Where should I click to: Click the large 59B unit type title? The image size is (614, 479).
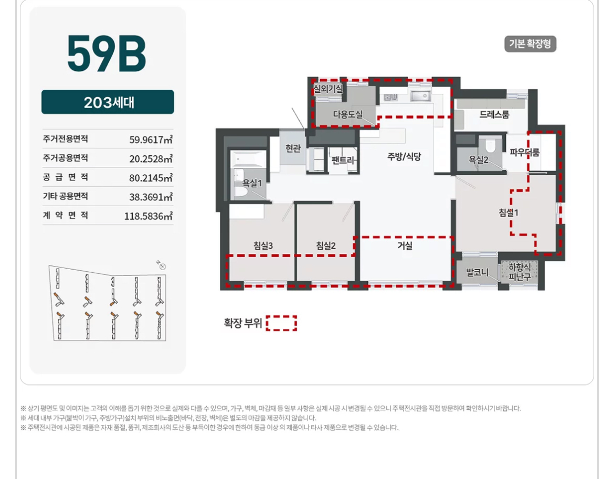(x=107, y=53)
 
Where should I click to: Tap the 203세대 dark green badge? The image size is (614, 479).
(x=108, y=102)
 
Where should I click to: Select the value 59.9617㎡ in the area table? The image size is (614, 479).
(x=151, y=140)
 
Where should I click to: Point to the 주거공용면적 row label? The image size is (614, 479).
(x=66, y=158)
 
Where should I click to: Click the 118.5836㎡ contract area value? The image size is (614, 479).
(x=149, y=216)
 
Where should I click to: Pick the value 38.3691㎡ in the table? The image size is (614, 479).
(x=151, y=197)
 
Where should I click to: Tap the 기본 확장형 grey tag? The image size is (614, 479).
(x=530, y=44)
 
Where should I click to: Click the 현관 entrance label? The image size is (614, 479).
(x=293, y=148)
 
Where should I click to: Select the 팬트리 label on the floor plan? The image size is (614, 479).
(x=343, y=159)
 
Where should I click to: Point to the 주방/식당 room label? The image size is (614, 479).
(x=404, y=156)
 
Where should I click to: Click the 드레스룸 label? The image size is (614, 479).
(x=494, y=115)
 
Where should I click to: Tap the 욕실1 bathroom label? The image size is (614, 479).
(x=252, y=183)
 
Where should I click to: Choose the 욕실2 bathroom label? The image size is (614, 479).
(x=479, y=159)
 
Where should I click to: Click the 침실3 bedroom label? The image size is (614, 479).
(x=263, y=246)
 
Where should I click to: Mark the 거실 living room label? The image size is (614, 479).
(x=405, y=246)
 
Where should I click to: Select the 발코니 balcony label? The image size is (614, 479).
(x=477, y=272)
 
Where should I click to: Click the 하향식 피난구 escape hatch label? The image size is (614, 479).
(x=520, y=272)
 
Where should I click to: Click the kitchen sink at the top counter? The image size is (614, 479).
(x=420, y=96)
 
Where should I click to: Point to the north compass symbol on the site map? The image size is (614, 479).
(x=162, y=265)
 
